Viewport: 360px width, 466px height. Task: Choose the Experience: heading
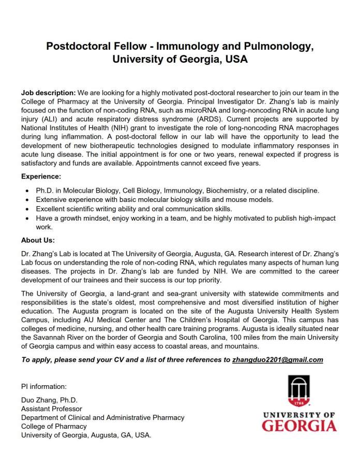(41, 177)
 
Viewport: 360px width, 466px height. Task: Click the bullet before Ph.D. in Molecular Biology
(27, 191)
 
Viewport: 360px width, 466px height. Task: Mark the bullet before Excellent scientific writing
(27, 209)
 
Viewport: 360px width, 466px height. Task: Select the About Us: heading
(38, 240)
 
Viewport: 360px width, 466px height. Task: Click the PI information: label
(43, 386)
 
